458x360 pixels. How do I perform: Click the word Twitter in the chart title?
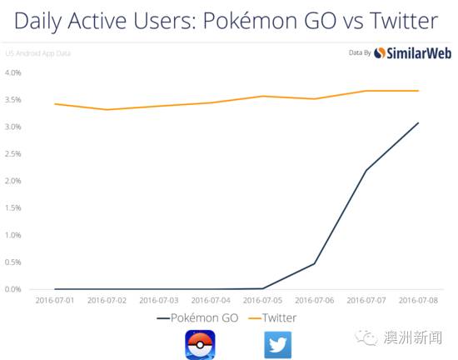404,21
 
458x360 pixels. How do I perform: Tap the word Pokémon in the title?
251,21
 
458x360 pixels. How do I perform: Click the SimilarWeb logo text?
419,53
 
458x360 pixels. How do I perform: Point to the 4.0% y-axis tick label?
13,72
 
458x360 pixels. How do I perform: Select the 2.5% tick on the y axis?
13,153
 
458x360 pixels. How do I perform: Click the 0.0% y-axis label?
13,289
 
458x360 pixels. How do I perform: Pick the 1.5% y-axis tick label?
13,207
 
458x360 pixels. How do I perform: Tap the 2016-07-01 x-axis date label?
55,300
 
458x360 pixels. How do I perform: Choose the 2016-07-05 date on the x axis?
262,300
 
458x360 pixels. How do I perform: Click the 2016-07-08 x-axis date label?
418,300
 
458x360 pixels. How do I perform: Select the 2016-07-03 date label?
159,300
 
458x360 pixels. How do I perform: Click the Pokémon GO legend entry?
197,317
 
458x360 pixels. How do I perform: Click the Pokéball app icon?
200,345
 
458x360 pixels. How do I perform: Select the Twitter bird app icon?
278,345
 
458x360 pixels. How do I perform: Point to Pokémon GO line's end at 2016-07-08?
418,122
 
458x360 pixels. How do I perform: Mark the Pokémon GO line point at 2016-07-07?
366,170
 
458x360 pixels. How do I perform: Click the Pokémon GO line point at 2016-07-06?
314,263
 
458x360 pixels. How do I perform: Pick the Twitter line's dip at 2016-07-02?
107,109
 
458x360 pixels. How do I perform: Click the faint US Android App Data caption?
38,53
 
